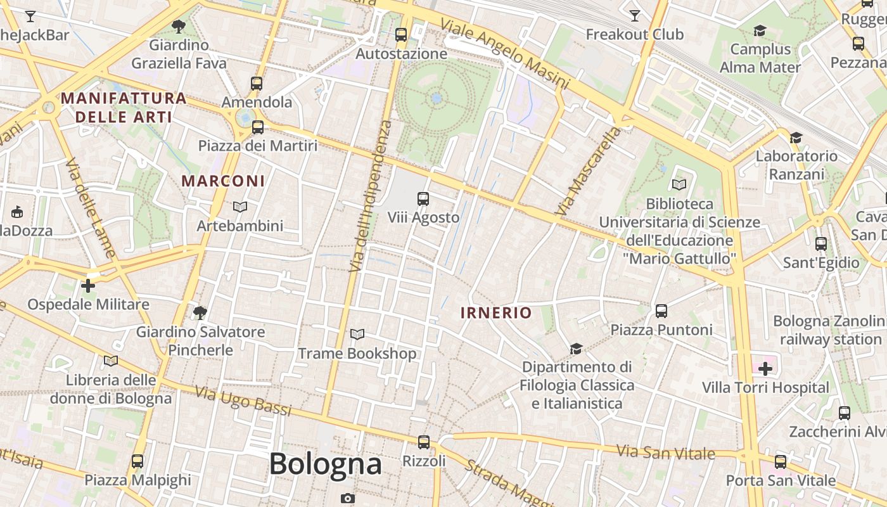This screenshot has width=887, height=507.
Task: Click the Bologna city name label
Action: click(326, 464)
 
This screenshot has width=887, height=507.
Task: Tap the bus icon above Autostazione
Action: click(401, 35)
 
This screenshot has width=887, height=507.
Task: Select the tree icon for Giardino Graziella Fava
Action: click(179, 26)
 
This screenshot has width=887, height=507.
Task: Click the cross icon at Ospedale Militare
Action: click(88, 286)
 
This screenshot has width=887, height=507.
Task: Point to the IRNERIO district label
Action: click(496, 312)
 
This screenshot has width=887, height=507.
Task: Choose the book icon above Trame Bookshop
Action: click(357, 334)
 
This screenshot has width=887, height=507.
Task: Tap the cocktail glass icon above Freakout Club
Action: click(635, 15)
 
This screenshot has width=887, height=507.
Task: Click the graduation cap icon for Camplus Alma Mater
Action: click(760, 30)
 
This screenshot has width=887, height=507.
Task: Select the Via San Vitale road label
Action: click(666, 452)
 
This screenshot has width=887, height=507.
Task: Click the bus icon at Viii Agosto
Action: click(423, 199)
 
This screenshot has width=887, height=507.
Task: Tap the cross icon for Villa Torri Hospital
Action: click(765, 368)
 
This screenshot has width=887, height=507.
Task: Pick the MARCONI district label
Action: click(223, 181)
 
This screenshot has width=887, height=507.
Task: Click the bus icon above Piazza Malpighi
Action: click(137, 461)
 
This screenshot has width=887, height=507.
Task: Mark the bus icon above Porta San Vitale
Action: click(781, 461)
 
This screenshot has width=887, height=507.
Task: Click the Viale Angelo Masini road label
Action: click(505, 54)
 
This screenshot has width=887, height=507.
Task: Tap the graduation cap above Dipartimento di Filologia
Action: click(576, 349)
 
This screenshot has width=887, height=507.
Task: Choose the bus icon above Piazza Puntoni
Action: click(661, 311)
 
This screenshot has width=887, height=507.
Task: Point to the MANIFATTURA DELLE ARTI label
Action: click(124, 108)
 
